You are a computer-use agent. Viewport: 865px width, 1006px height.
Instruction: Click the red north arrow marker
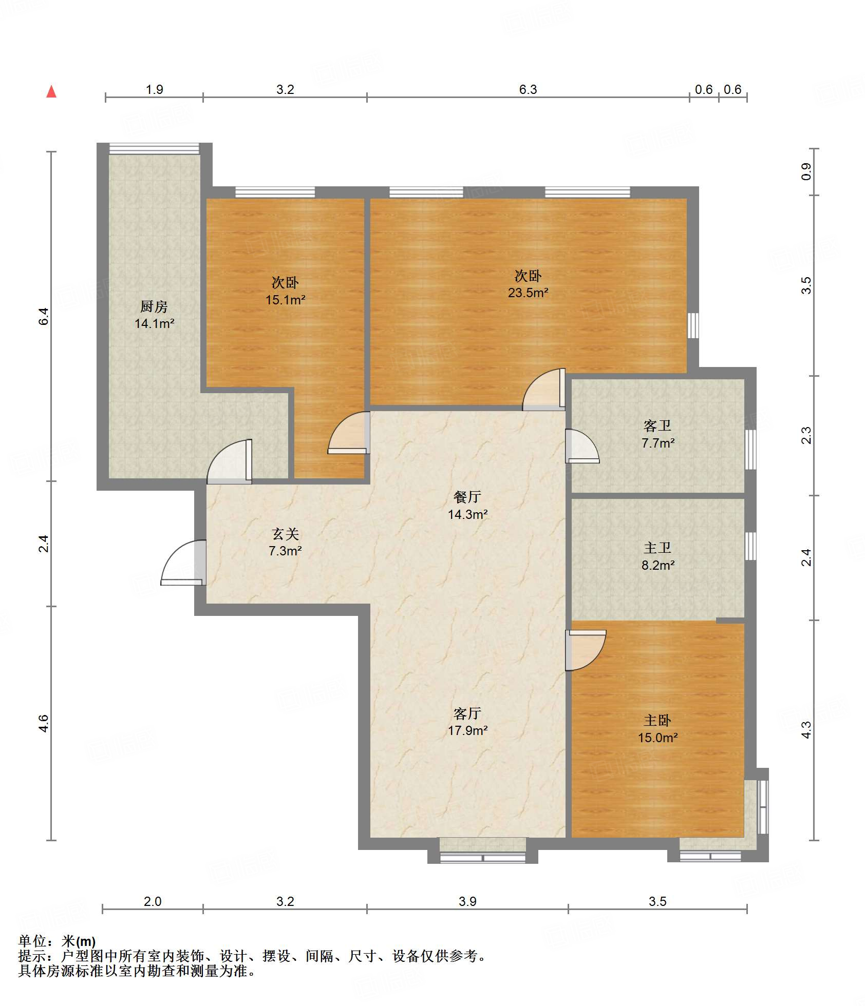[x=51, y=91]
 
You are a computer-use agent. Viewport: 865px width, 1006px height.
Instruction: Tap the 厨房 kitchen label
[x=154, y=306]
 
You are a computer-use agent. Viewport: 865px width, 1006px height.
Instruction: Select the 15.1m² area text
[x=286, y=300]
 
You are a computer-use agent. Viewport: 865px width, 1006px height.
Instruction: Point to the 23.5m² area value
[x=528, y=293]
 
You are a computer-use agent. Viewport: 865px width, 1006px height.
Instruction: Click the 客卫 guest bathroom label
[x=657, y=425]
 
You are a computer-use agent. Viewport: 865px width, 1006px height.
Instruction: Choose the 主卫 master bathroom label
[x=657, y=548]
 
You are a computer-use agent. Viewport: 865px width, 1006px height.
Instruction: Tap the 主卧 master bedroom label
[x=657, y=721]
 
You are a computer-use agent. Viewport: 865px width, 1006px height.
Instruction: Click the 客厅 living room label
[x=467, y=713]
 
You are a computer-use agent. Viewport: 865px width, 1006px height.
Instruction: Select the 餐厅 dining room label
[x=467, y=496]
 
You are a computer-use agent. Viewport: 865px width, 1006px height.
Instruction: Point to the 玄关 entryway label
[x=286, y=534]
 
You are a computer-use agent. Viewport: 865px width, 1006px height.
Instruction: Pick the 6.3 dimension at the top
[x=528, y=89]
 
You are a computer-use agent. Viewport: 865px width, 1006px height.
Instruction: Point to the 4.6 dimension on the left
[x=44, y=723]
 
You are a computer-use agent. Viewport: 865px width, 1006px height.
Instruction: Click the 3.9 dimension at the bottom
[x=467, y=901]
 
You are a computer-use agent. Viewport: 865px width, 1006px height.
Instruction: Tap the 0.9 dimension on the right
[x=806, y=171]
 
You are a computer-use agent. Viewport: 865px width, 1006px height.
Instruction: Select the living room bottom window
[x=483, y=857]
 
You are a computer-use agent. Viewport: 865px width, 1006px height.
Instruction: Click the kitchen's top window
[x=154, y=148]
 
